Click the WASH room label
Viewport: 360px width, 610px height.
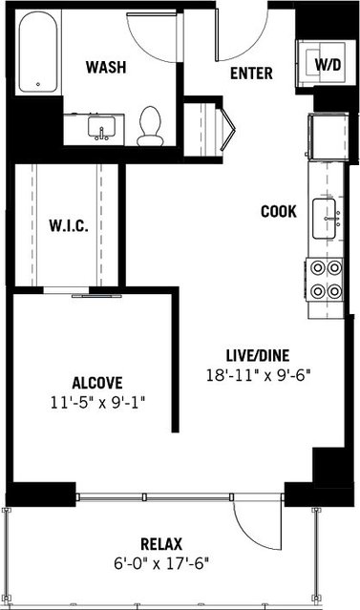(106, 67)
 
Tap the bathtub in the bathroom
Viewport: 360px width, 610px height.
(38, 53)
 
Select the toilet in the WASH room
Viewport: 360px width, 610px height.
(150, 126)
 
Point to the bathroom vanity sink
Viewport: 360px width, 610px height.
(101, 128)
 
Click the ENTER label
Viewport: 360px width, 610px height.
(251, 74)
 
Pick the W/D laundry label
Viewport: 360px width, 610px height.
(328, 65)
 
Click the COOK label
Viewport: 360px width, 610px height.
(279, 211)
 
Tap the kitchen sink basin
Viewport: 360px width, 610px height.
(325, 219)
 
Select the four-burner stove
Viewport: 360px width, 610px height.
(325, 280)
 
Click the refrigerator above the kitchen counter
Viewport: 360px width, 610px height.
(328, 137)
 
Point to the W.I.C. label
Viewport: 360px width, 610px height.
(69, 225)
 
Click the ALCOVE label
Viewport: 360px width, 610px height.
(97, 383)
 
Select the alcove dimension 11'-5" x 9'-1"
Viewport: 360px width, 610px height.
(97, 402)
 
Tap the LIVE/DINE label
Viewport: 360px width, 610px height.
(258, 355)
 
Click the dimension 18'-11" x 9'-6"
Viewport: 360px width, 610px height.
(259, 375)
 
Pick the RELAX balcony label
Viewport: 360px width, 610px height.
(161, 544)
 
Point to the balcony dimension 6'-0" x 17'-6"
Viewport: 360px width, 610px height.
(161, 563)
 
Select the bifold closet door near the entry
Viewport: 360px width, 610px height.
(227, 129)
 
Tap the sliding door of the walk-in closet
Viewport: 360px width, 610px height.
(96, 296)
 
